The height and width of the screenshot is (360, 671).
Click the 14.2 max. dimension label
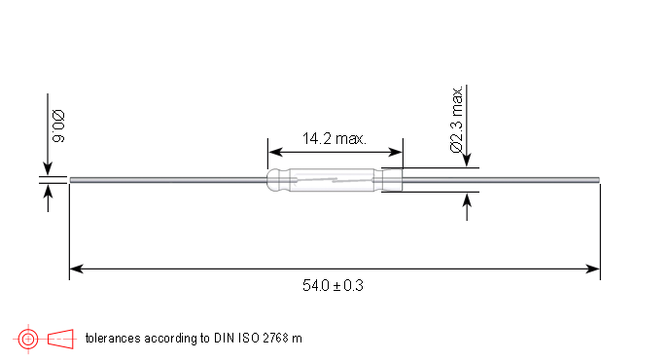(x=335, y=139)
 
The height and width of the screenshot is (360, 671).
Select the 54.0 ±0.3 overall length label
(x=333, y=285)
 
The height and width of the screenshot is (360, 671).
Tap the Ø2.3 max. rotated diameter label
(x=457, y=119)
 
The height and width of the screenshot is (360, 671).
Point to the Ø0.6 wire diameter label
(x=58, y=126)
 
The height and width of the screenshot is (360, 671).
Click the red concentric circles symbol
(x=28, y=339)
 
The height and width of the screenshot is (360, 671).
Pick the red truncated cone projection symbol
(x=60, y=339)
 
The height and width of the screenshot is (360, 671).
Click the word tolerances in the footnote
(x=113, y=339)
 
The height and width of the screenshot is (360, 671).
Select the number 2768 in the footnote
(x=275, y=339)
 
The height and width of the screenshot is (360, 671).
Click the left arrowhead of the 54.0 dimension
(x=76, y=269)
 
